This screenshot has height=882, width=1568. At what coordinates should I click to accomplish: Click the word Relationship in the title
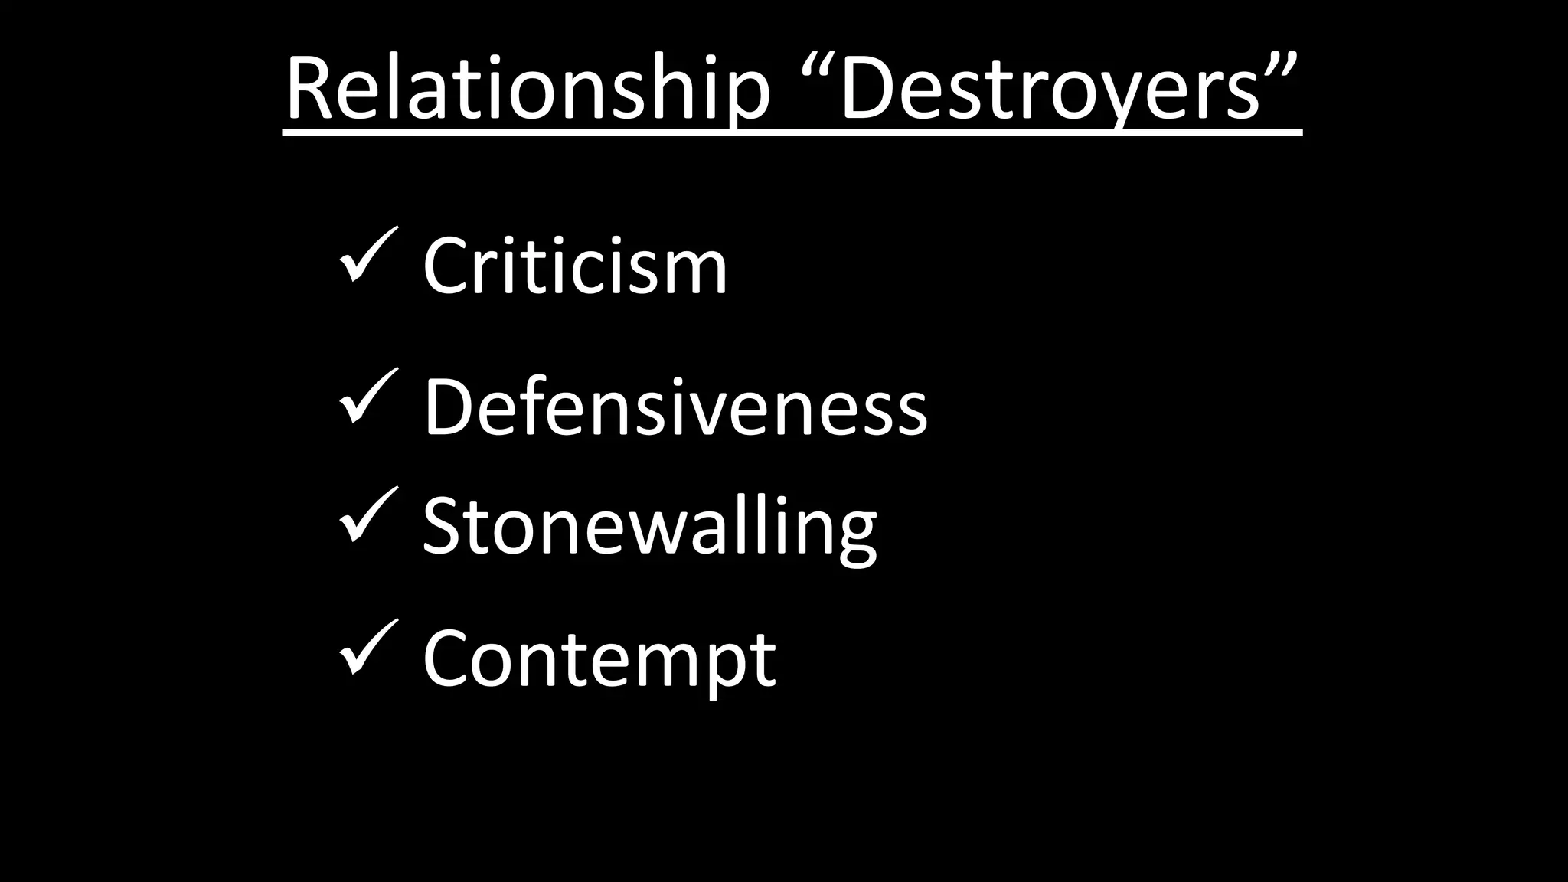[528, 88]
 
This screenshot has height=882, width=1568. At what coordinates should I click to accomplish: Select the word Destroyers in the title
[1050, 88]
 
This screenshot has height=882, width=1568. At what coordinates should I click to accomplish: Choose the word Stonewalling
[649, 527]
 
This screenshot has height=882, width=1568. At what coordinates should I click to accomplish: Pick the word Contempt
[599, 658]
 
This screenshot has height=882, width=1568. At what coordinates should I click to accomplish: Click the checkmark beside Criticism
[367, 255]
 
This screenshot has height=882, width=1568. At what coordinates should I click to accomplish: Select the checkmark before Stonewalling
[367, 514]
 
